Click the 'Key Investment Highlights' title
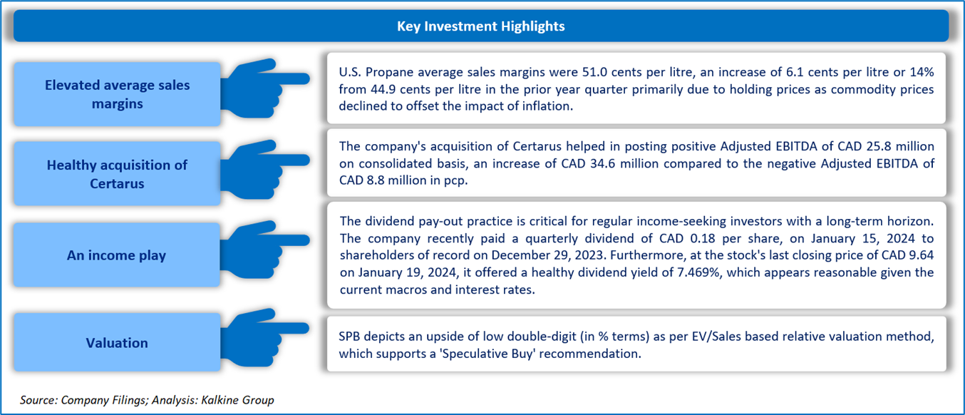pyautogui.click(x=481, y=26)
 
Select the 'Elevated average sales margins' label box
pyautogui.click(x=117, y=94)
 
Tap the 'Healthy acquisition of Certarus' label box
pyautogui.click(x=117, y=174)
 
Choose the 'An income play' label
pyautogui.click(x=117, y=255)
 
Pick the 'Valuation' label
pyautogui.click(x=117, y=342)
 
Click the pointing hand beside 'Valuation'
pyautogui.click(x=264, y=337)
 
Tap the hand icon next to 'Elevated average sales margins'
pyautogui.click(x=264, y=88)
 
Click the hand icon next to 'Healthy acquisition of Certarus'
pyautogui.click(x=264, y=169)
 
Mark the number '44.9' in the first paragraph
pyautogui.click(x=383, y=89)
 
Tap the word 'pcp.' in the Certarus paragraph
pyautogui.click(x=456, y=180)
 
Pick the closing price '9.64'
pyautogui.click(x=922, y=255)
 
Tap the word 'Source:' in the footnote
pyautogui.click(x=38, y=400)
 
